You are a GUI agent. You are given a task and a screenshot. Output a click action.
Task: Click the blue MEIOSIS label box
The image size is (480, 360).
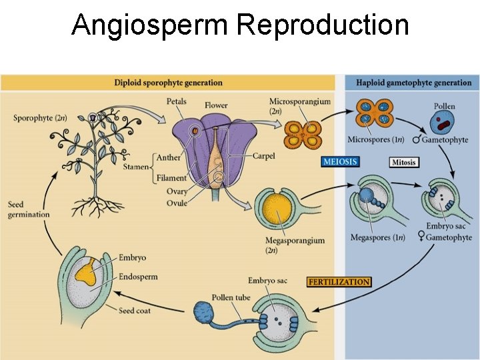click(340, 161)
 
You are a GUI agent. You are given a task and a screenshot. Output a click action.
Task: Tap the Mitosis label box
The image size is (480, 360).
click(404, 162)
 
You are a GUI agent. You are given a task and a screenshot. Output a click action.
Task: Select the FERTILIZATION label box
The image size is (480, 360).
click(339, 282)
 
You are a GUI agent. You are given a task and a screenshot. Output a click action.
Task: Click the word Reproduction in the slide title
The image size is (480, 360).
click(322, 25)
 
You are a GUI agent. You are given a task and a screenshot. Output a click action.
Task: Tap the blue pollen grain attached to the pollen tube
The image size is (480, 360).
click(205, 314)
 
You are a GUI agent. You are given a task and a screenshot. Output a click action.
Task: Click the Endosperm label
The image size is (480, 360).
click(138, 277)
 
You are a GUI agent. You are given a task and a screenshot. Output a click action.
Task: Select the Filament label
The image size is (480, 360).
click(171, 178)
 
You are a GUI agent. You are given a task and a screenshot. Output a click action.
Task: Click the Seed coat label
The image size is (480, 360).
click(137, 310)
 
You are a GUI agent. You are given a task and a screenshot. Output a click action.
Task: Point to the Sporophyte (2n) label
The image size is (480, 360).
click(40, 118)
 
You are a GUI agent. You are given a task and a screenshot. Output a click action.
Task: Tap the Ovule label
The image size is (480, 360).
click(177, 203)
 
